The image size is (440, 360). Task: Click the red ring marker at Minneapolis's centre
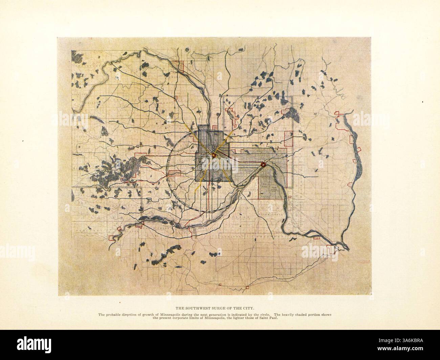pos(214,155)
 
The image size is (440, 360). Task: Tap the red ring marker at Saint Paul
pos(263,165)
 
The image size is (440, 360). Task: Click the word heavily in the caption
pos(290,315)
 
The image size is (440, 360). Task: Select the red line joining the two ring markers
pos(239,160)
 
